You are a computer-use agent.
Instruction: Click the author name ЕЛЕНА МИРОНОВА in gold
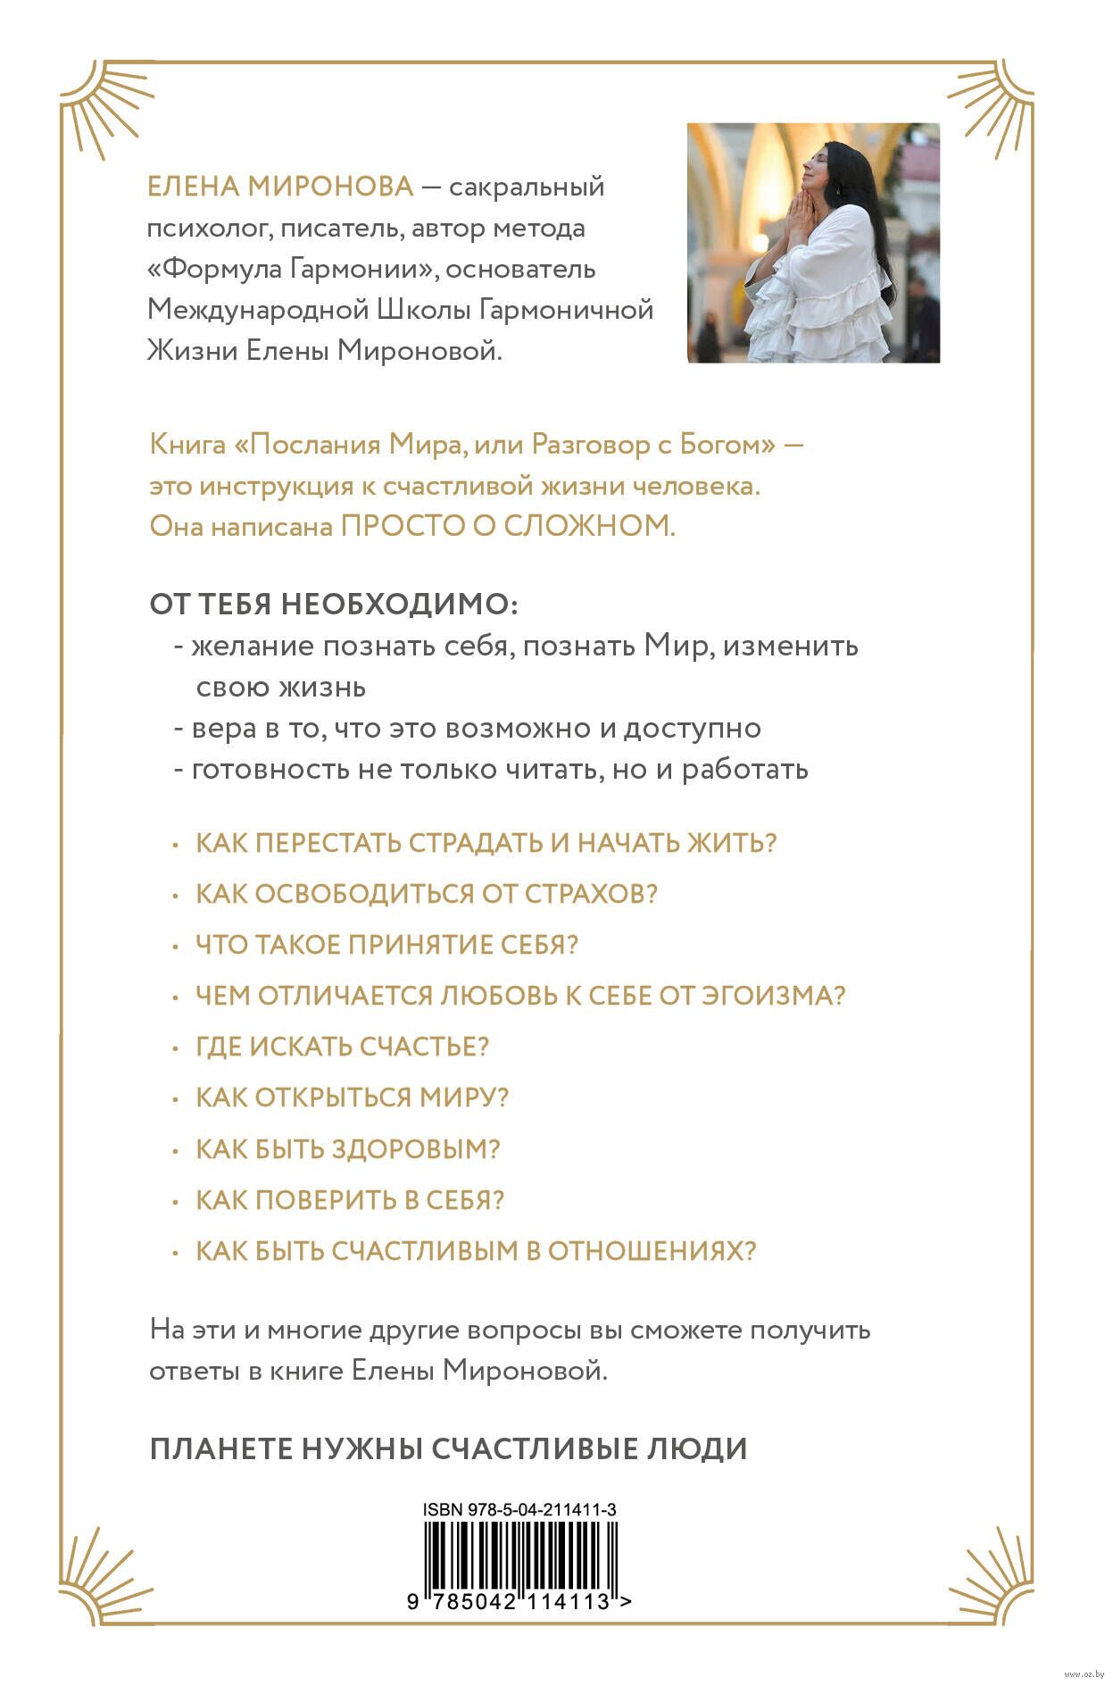280,187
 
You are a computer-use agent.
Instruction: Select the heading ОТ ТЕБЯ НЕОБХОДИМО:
333,605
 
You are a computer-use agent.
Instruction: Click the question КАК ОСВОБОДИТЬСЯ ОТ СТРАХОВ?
427,894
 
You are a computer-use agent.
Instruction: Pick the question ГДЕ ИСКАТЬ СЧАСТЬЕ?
343,1047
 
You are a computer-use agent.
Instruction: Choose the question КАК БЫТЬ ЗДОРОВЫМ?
348,1148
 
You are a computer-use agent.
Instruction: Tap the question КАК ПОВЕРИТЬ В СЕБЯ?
350,1199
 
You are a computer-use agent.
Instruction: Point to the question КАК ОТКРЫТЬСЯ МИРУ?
352,1098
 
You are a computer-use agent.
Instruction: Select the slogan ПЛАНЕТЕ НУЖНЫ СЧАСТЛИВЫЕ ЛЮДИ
448,1448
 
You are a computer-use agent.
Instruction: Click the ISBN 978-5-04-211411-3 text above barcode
519,1510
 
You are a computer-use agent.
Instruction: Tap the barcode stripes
519,1555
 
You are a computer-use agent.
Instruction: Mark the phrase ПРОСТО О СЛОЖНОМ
508,526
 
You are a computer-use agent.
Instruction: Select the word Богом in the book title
727,445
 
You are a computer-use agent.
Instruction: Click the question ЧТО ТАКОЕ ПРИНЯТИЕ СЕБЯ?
387,945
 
